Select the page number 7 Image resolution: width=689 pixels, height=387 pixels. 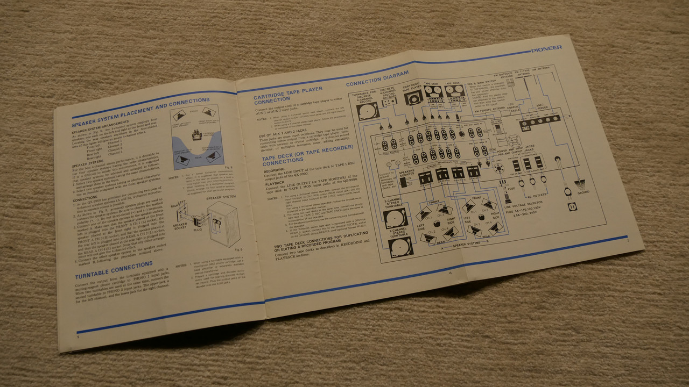click(x=627, y=240)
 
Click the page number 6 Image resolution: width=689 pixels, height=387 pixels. click(x=449, y=272)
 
